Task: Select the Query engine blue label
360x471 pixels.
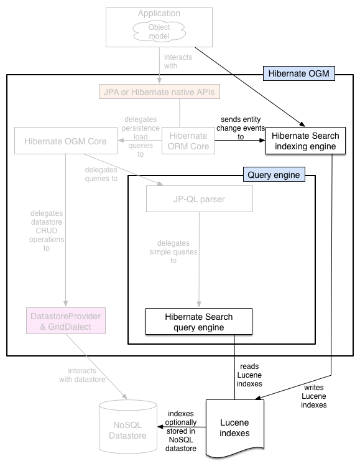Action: [273, 175]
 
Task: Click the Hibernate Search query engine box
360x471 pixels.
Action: [198, 321]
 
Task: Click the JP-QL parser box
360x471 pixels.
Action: [199, 198]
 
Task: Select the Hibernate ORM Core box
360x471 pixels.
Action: [188, 141]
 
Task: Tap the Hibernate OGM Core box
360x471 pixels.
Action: [65, 141]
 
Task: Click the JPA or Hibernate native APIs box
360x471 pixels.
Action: [160, 93]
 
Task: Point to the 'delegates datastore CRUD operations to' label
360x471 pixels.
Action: [47, 231]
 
